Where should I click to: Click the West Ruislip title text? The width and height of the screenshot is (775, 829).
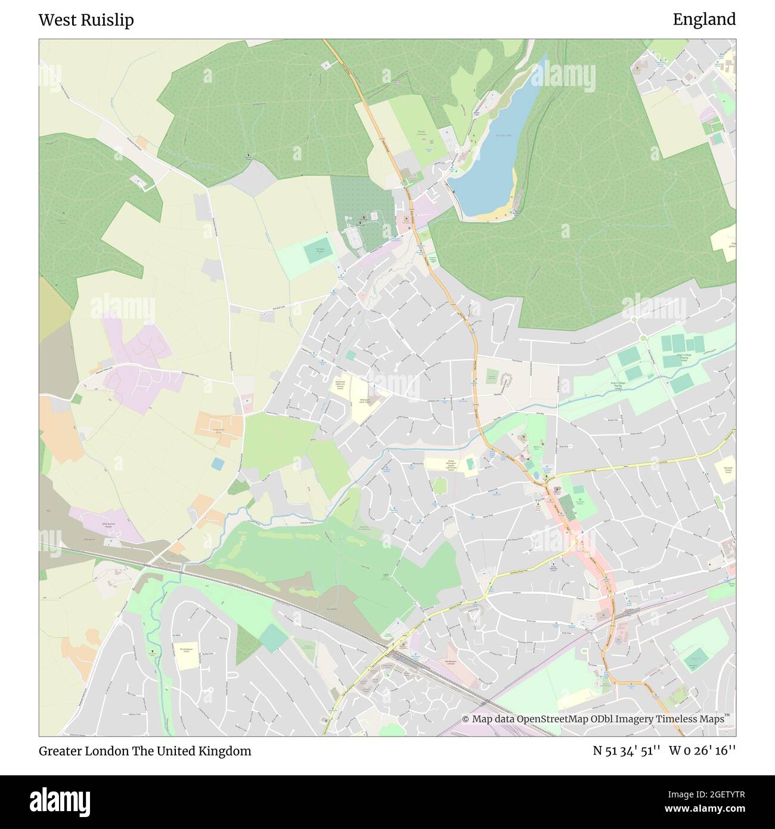(86, 20)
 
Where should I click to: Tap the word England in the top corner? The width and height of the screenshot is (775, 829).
(704, 20)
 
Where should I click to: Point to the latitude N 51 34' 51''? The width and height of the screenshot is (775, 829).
(626, 751)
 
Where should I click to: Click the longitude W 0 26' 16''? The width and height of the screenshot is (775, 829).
(702, 751)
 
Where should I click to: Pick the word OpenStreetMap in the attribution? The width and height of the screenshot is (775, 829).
(552, 719)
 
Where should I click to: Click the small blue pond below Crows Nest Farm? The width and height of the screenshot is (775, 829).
(218, 463)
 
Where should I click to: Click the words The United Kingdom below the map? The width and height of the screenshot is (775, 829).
(191, 751)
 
